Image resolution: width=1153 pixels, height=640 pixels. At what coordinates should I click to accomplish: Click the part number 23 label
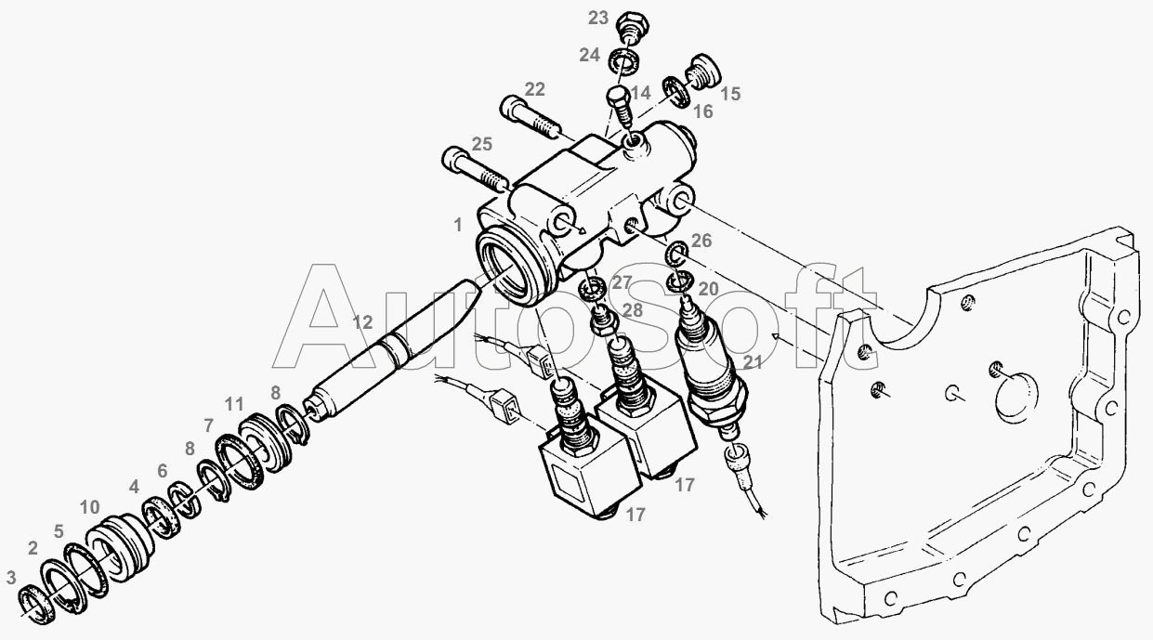(598, 18)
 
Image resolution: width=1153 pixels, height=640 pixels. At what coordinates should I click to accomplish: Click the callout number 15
(730, 94)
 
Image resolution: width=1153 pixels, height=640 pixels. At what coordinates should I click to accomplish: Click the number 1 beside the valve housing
(458, 225)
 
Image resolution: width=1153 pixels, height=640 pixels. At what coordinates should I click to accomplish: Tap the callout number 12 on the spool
(362, 322)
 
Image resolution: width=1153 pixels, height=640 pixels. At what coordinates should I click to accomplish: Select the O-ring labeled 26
(677, 253)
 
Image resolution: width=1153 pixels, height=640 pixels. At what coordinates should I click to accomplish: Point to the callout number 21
(752, 362)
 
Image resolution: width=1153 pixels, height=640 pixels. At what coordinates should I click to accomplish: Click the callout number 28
(632, 310)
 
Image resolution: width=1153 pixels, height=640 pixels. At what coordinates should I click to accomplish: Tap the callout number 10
(89, 507)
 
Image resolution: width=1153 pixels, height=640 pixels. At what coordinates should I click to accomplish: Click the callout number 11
(234, 404)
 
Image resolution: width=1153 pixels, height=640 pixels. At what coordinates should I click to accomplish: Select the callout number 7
(208, 426)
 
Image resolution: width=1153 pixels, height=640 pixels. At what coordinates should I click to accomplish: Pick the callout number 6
(163, 471)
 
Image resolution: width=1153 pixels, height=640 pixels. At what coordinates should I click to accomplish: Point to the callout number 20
(708, 289)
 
